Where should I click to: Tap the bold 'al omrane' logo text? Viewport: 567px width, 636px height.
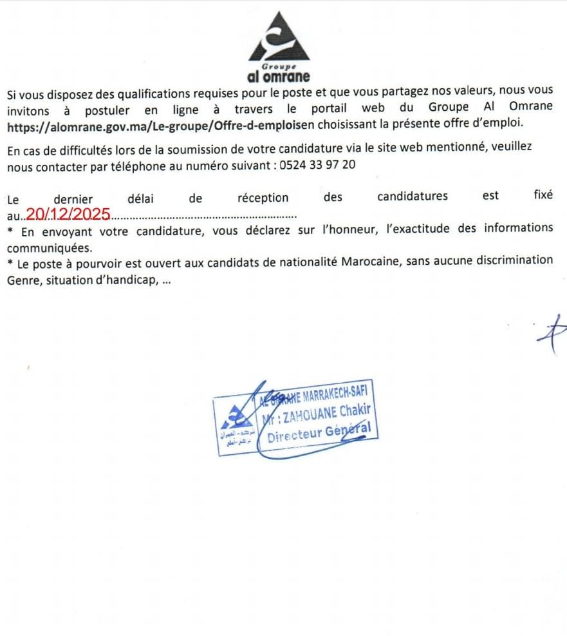click(278, 77)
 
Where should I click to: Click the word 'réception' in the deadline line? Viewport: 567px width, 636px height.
click(263, 197)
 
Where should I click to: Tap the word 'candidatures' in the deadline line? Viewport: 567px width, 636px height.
click(413, 197)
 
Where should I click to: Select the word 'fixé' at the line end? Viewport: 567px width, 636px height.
click(543, 195)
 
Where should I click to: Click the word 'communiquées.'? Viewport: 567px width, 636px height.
click(50, 247)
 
